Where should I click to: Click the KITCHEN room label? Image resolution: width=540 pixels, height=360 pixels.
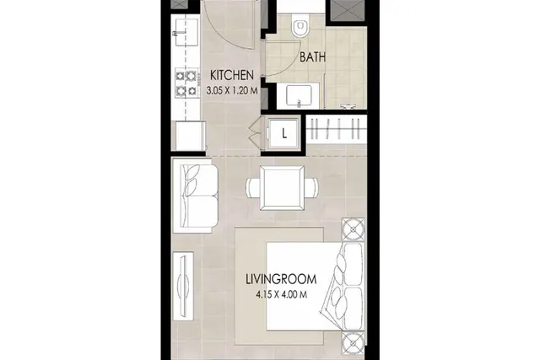[232, 75]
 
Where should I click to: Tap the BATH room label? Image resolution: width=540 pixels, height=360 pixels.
[312, 57]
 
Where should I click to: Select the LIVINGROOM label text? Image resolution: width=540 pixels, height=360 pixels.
[281, 279]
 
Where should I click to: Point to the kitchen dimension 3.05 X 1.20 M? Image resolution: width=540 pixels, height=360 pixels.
[232, 91]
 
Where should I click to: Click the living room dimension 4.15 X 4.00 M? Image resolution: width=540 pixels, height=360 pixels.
[281, 294]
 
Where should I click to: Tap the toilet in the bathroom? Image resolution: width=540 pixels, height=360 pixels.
[300, 24]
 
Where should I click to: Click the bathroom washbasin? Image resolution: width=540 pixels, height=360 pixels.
[299, 95]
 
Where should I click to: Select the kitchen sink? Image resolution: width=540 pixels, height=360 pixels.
[186, 32]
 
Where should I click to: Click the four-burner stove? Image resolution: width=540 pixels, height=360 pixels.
[186, 83]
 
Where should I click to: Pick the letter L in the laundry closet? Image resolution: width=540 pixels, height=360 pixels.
[284, 133]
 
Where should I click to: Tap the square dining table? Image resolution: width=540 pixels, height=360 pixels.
[282, 188]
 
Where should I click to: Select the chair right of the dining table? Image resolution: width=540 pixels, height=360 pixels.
[311, 188]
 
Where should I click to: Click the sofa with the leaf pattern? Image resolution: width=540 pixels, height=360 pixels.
[195, 196]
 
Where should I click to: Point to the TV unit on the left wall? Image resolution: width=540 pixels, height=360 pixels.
[183, 286]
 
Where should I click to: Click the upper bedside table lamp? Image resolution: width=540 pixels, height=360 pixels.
[353, 228]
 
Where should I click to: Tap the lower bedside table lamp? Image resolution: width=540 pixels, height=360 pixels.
[353, 343]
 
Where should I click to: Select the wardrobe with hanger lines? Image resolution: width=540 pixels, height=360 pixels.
[336, 129]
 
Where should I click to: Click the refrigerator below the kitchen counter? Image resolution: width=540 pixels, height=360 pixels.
[191, 136]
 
